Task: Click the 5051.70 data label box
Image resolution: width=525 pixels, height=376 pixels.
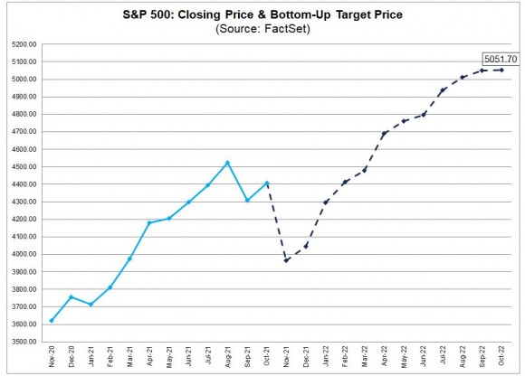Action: (x=501, y=59)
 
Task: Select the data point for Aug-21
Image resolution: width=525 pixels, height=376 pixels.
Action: (x=228, y=163)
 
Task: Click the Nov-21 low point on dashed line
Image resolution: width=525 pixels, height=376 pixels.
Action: (x=286, y=260)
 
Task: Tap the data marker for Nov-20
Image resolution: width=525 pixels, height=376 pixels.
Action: (x=52, y=321)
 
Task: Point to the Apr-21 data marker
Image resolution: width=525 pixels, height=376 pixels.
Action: (x=149, y=223)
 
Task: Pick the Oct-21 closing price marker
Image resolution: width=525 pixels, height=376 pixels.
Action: (x=267, y=183)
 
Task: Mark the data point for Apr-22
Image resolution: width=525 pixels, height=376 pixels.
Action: (x=384, y=134)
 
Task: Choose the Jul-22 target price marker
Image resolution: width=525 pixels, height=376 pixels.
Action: (x=443, y=90)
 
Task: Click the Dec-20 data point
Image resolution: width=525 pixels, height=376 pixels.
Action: (x=71, y=296)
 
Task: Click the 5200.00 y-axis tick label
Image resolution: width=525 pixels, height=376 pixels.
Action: (x=24, y=44)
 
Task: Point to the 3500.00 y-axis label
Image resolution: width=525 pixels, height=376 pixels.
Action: (x=24, y=342)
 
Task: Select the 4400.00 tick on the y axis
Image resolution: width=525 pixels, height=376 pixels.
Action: (x=24, y=184)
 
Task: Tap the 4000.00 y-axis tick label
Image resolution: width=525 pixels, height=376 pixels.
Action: (x=24, y=254)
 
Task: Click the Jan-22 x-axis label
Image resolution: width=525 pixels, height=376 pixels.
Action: (x=326, y=357)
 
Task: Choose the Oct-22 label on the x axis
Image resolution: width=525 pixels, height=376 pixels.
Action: (x=501, y=356)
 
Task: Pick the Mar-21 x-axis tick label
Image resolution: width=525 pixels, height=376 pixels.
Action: (x=130, y=357)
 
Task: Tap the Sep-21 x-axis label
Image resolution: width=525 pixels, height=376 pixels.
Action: (x=247, y=357)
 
